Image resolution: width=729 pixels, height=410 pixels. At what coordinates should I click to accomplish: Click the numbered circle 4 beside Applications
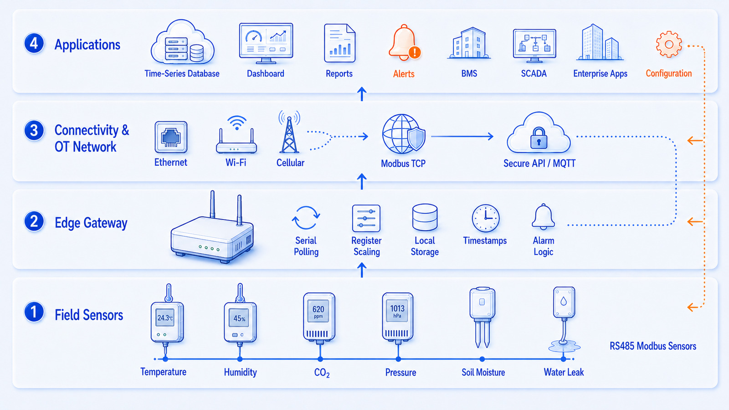tap(34, 43)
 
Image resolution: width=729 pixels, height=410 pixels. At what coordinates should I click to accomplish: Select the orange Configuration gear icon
tap(669, 44)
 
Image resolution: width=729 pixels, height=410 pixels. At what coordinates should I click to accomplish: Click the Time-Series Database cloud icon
tap(182, 42)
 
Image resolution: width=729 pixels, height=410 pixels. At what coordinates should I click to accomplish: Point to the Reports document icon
tap(339, 43)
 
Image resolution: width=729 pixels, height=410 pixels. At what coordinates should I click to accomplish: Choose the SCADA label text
tap(534, 73)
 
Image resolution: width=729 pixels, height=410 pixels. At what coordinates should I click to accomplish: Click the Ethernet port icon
tap(171, 137)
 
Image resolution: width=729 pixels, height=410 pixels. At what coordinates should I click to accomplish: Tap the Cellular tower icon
tap(289, 132)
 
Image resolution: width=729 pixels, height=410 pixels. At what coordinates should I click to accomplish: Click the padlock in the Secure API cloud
tap(539, 138)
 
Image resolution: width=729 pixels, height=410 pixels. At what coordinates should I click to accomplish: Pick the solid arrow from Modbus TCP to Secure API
tap(462, 136)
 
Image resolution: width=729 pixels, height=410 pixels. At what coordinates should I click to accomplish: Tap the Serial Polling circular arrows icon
tap(306, 218)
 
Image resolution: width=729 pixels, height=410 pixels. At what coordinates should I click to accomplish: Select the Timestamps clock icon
tap(486, 218)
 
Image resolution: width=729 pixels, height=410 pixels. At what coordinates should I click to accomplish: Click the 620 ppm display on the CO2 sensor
tap(318, 311)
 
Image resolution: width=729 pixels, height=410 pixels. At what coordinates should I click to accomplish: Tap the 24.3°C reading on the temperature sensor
tap(165, 318)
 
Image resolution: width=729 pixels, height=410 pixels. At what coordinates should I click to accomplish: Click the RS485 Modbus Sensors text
tap(653, 346)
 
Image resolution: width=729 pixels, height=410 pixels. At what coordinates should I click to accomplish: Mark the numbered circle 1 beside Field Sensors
tap(34, 312)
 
